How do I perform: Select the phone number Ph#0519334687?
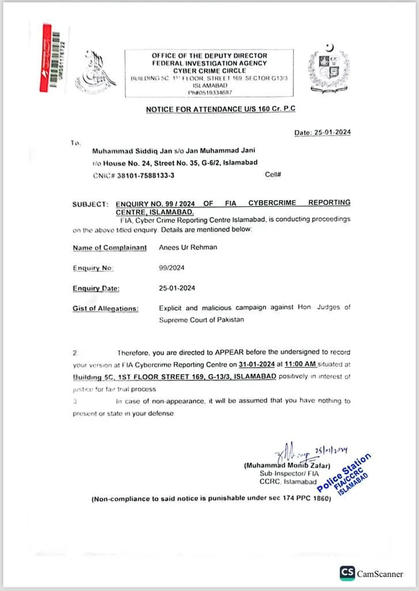click(x=210, y=92)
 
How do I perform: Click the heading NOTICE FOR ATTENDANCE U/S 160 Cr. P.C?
click(x=221, y=109)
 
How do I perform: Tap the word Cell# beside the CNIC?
click(x=273, y=174)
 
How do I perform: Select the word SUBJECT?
click(x=90, y=204)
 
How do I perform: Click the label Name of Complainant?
click(x=107, y=248)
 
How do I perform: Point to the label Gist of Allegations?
click(x=105, y=308)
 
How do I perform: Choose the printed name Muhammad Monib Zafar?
click(x=287, y=466)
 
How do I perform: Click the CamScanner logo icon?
click(x=347, y=573)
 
